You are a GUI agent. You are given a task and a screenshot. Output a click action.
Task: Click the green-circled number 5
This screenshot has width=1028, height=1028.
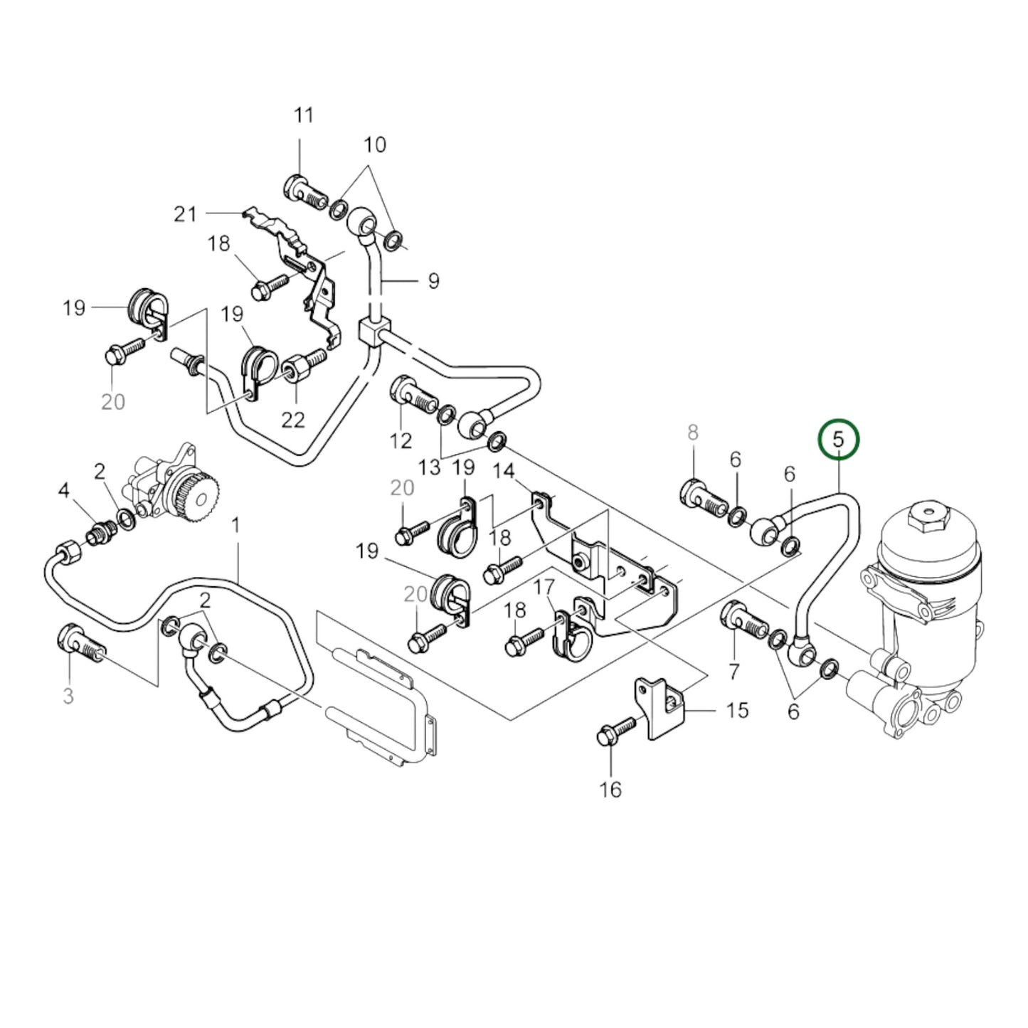point(839,440)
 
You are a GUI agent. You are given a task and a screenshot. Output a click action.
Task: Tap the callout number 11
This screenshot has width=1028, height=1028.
point(304,115)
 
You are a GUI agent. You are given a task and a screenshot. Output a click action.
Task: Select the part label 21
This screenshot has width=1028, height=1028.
point(185,213)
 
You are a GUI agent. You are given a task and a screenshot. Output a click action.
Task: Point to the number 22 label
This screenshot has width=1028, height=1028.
point(293,419)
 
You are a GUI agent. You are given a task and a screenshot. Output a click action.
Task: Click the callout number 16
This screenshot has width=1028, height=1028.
point(610,789)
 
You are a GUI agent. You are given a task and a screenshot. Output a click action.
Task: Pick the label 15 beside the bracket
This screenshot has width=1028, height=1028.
point(737,710)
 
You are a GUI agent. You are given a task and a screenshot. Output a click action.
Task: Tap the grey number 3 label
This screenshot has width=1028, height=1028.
point(68,695)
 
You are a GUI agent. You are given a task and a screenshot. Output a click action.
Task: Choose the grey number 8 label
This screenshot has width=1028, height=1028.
point(693,433)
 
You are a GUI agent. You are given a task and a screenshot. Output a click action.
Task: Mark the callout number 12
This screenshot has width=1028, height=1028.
point(401,440)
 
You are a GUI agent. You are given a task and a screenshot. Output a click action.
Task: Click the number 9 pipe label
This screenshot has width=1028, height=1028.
point(433,281)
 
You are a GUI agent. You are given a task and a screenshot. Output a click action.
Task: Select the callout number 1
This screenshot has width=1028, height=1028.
point(236,526)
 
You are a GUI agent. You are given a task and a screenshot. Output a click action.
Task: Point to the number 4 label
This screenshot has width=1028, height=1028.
point(64,490)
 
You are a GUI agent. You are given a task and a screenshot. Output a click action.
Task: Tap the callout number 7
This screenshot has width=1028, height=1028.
point(733,670)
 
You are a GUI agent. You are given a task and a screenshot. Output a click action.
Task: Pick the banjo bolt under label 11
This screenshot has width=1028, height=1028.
point(304,189)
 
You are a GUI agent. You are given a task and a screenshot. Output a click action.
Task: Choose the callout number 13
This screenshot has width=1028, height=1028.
point(429,467)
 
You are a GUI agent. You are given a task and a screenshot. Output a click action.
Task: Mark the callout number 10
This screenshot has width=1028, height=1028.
point(375,145)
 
